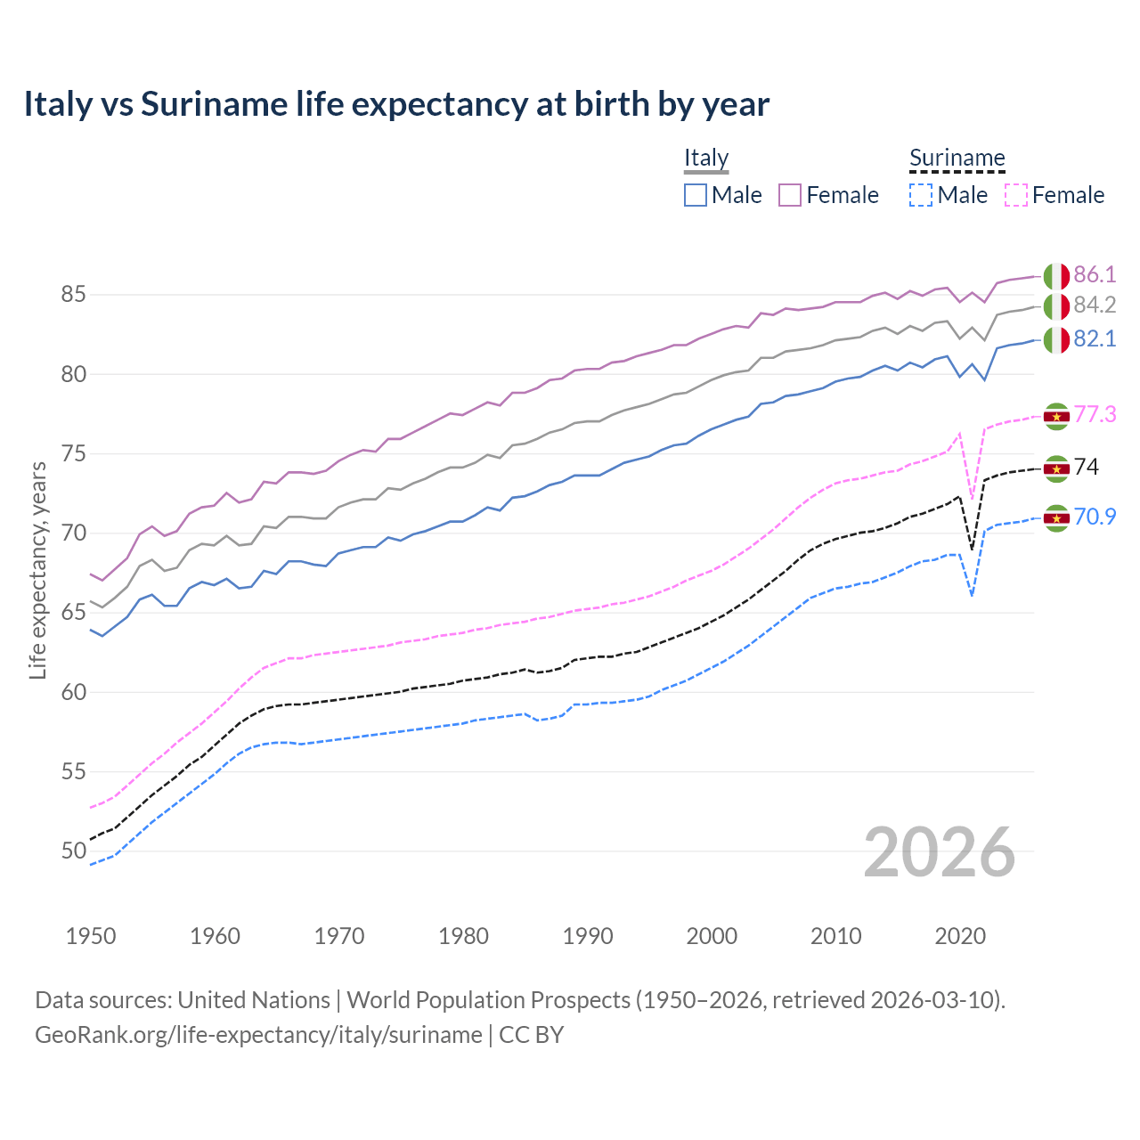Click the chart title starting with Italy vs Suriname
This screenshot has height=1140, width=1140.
(396, 104)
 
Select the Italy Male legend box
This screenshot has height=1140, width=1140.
(696, 195)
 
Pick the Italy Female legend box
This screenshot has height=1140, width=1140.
(790, 195)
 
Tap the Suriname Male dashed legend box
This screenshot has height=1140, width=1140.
(921, 195)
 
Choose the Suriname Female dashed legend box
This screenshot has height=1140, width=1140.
(1016, 195)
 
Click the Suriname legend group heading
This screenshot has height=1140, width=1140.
(957, 158)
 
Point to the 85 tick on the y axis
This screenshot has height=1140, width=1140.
(74, 294)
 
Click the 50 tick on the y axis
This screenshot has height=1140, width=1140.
(74, 851)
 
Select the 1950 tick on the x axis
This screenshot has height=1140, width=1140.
(91, 936)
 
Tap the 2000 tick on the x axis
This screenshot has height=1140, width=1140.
(712, 936)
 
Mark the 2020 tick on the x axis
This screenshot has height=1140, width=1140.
(960, 936)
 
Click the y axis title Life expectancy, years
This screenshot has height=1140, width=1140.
(37, 570)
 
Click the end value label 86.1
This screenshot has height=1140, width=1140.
(1095, 274)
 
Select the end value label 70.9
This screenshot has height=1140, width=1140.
(1095, 517)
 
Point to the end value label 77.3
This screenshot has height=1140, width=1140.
(1095, 414)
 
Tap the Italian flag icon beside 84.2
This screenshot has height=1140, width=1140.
(1056, 305)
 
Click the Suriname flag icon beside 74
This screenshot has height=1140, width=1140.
(1056, 468)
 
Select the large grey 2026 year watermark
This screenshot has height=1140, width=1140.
(939, 852)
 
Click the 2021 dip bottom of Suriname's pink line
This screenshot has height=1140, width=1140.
(972, 498)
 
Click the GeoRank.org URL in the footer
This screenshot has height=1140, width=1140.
(258, 1035)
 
